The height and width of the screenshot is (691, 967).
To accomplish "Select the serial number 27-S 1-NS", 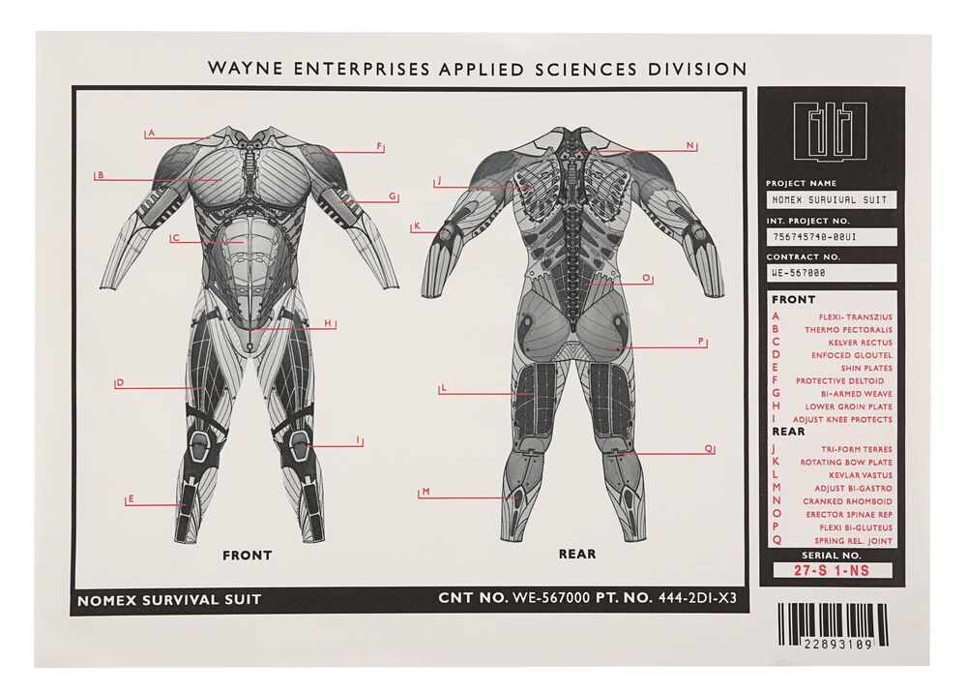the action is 832,571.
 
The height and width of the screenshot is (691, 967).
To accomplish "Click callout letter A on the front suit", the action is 151,133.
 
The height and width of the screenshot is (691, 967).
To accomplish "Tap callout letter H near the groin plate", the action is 328,323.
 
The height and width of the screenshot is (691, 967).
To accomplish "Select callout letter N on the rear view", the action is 690,145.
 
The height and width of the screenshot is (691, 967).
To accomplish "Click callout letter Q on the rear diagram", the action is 709,449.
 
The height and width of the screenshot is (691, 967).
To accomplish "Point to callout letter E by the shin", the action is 131,499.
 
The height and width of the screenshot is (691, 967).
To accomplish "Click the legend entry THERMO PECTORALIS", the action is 848,330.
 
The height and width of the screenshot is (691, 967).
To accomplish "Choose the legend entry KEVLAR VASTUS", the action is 861,475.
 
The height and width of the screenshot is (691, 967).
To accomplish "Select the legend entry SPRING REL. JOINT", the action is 853,541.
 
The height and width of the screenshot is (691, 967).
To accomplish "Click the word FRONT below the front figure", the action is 247,556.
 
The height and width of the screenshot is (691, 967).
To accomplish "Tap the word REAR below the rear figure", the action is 577,554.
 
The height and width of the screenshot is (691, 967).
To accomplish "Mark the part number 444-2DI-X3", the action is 697,597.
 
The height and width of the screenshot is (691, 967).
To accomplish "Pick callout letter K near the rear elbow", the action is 417,226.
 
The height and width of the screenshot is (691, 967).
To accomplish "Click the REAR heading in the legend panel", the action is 788,432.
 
